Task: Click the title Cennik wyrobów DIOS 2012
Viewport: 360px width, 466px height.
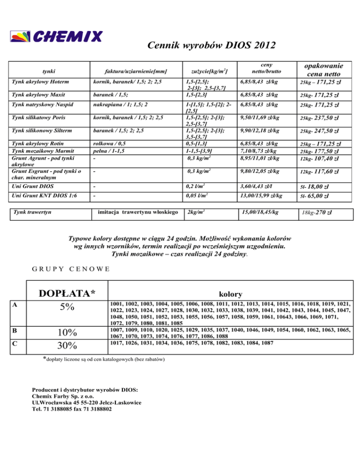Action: click(210, 45)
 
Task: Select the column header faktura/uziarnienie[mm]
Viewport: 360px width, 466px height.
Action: click(136, 72)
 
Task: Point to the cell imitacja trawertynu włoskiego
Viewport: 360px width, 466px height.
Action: click(136, 212)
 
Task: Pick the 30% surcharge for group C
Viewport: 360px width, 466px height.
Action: click(69, 346)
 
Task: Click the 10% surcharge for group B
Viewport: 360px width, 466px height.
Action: click(69, 333)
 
